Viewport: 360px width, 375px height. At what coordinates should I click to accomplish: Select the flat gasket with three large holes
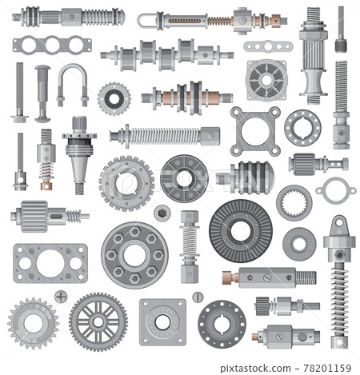(39, 45)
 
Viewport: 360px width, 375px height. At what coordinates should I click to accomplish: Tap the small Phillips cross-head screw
(61, 296)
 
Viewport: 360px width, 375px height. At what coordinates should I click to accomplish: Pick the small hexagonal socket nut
(162, 213)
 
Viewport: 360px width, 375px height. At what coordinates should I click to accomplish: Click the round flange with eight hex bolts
(134, 254)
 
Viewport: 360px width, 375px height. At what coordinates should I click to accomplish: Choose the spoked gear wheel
(98, 321)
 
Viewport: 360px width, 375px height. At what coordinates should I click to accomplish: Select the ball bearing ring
(302, 127)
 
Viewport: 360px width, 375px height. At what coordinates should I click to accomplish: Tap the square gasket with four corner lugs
(255, 131)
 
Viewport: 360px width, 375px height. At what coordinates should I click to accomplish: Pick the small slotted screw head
(198, 297)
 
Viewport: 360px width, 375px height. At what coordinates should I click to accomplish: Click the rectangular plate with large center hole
(49, 263)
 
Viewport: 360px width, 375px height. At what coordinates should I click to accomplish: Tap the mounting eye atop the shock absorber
(338, 223)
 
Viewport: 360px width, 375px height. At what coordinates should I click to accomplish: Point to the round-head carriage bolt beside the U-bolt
(42, 92)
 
